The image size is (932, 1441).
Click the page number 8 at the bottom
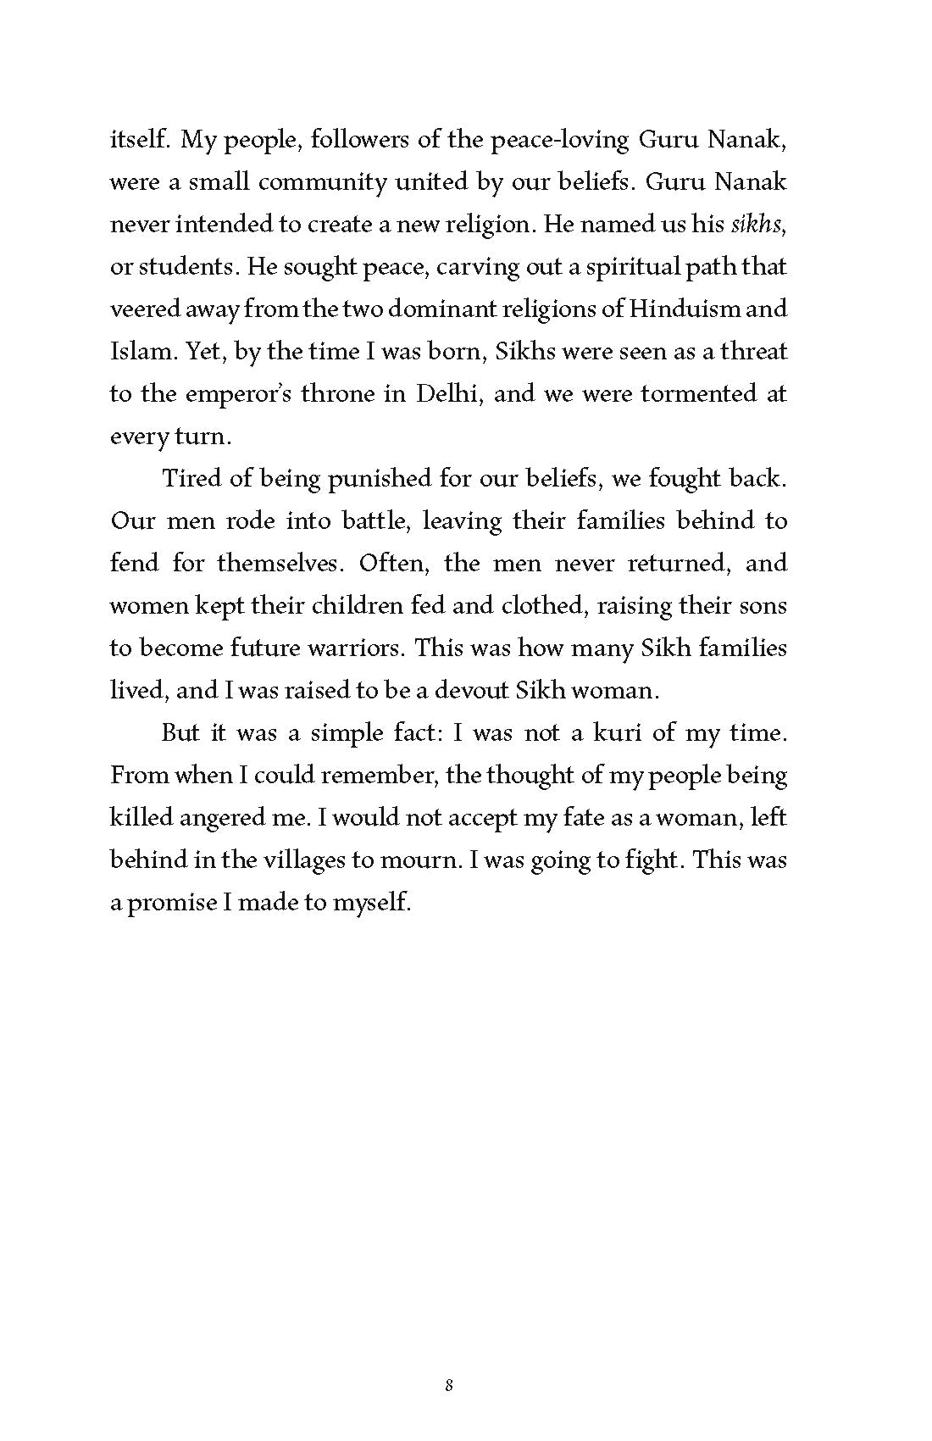(x=449, y=1387)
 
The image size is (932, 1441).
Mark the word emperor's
(x=211, y=394)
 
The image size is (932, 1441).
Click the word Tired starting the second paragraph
(x=191, y=478)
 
